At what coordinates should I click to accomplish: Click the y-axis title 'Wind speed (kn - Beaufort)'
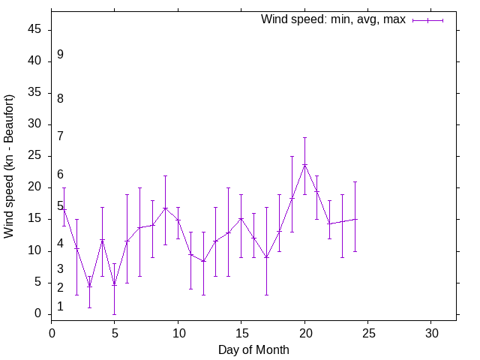(9, 166)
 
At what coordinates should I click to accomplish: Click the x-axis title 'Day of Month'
(253, 349)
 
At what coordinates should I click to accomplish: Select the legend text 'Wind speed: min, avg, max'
(333, 19)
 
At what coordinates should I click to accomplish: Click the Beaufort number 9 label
(60, 55)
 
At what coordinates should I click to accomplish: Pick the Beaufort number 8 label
(60, 98)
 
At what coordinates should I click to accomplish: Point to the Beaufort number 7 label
(60, 136)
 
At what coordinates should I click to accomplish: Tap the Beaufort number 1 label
(60, 306)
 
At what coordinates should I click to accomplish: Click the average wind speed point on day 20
(304, 165)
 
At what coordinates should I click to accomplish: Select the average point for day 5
(115, 284)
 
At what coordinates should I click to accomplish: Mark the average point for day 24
(355, 219)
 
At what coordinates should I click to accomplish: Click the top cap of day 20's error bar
(304, 137)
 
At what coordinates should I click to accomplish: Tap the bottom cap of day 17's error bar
(266, 295)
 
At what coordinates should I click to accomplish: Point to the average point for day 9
(165, 208)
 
